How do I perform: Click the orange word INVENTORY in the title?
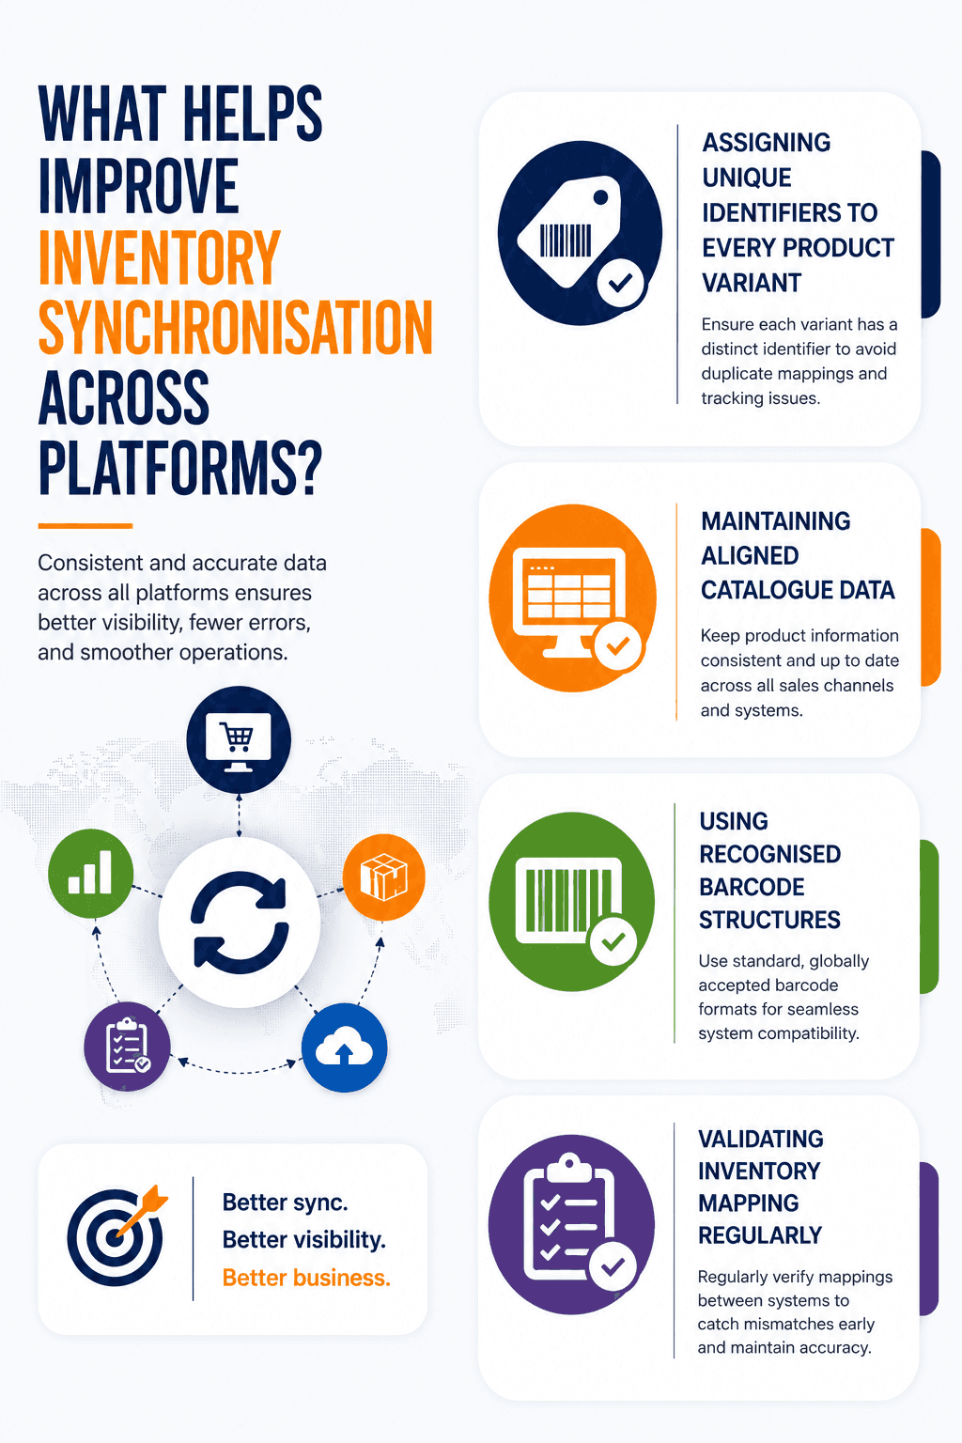point(159,257)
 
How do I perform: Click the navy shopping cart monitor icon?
point(239,739)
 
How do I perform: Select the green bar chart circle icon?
point(91,873)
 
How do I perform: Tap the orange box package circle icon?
point(383,877)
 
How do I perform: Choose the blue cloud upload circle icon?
point(344,1047)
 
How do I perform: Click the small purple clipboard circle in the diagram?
point(127,1047)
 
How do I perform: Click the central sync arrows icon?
point(240,922)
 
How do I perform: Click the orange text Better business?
point(306,1278)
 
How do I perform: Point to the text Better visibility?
point(304,1240)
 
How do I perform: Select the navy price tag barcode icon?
point(580,233)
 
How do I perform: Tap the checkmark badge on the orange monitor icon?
point(617,645)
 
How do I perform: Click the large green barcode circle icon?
point(571,901)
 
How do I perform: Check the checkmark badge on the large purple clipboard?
point(613,1265)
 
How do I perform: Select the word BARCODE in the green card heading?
point(752,887)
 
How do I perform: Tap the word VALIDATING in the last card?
point(761,1139)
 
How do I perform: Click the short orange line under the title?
point(85,526)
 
